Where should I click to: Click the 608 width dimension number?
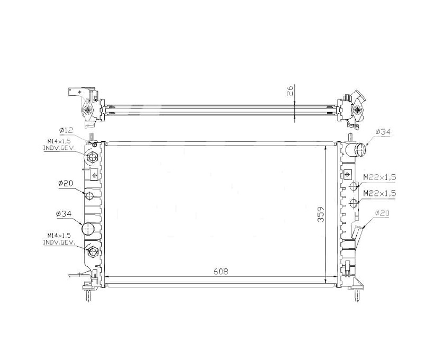(x=221, y=272)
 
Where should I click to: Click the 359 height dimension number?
(x=321, y=214)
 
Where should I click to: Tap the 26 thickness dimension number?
(x=290, y=91)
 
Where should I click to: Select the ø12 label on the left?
(x=66, y=130)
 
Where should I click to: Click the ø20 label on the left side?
(x=65, y=183)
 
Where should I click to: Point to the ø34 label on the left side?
(x=64, y=214)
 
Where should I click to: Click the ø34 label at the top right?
(x=383, y=132)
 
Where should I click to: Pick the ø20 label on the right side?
(x=382, y=213)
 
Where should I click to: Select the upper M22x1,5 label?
(x=379, y=177)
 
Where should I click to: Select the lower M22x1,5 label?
(x=379, y=193)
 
